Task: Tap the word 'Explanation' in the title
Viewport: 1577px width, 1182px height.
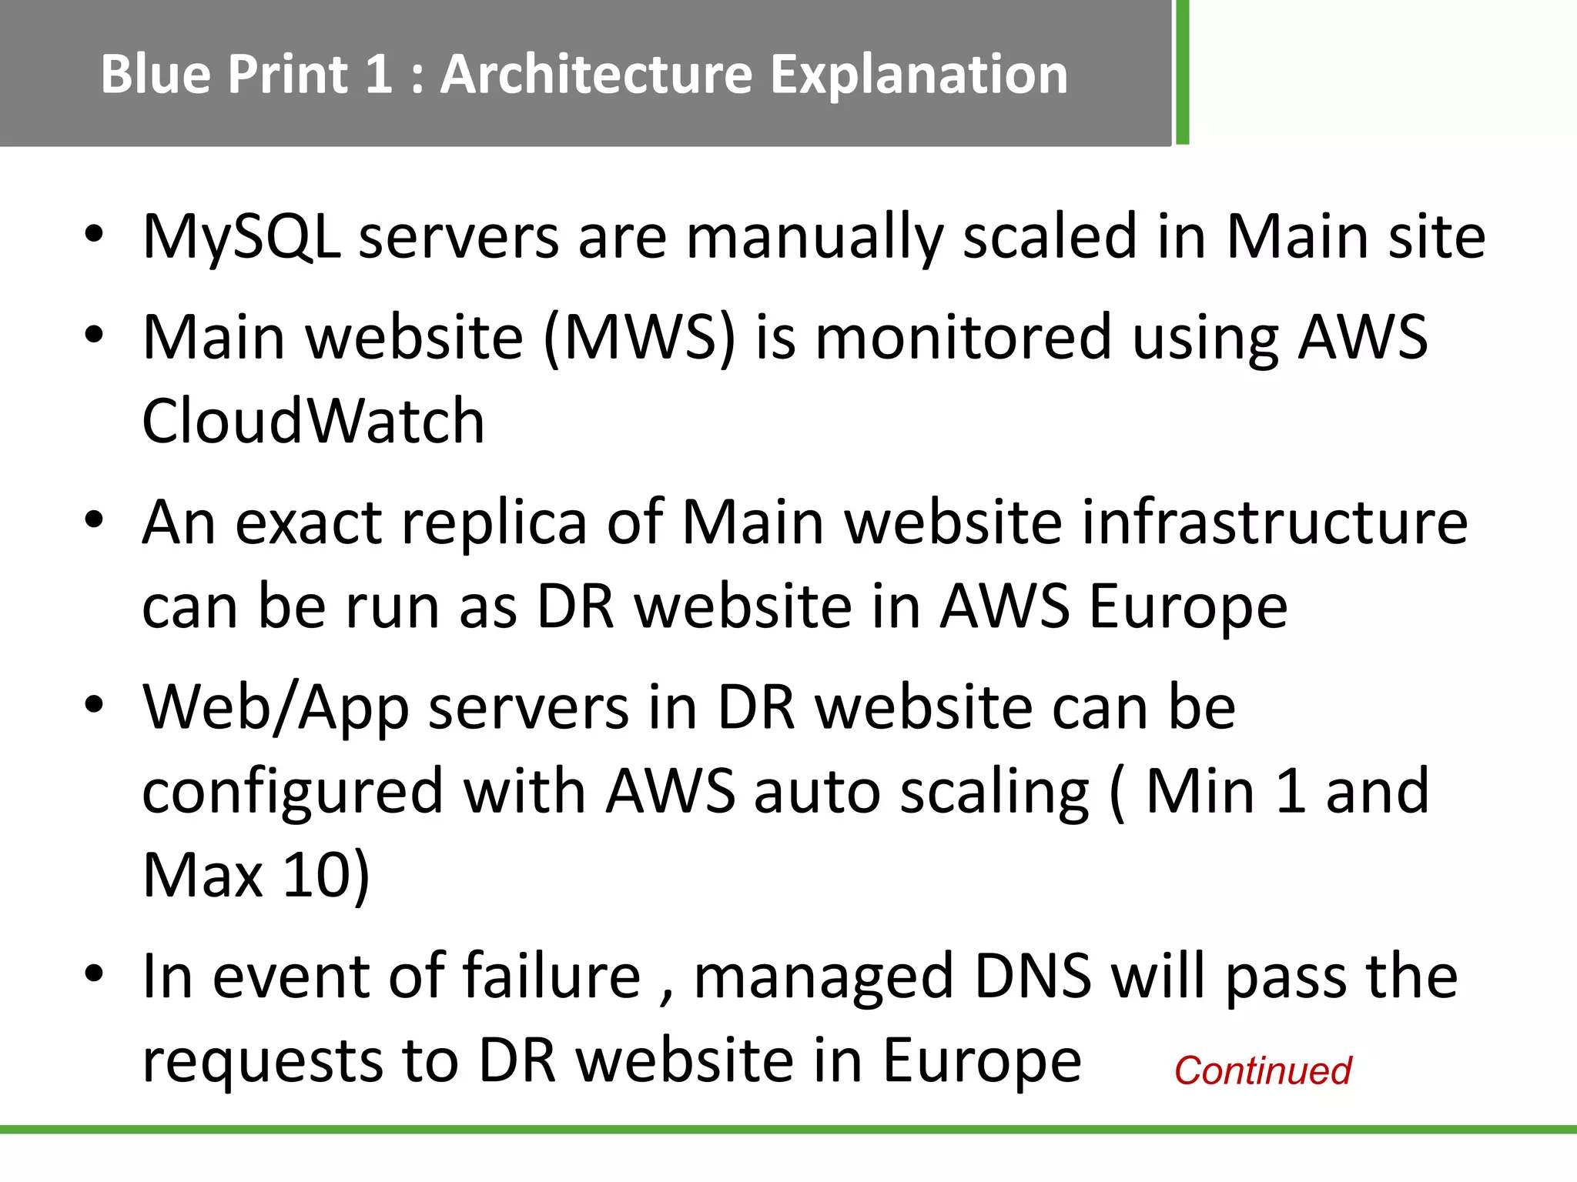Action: [919, 75]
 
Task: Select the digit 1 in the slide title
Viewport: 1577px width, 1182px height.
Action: [379, 75]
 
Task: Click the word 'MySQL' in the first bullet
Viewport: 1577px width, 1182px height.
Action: [242, 237]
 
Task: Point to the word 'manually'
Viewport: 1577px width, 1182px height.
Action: [815, 237]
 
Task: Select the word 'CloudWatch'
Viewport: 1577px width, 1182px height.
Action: [313, 421]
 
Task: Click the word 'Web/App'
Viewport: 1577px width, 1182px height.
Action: [276, 707]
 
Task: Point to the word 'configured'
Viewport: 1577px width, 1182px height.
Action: [293, 792]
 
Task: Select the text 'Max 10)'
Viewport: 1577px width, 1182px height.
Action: [256, 875]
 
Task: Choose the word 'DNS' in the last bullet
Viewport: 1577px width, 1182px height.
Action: [1033, 977]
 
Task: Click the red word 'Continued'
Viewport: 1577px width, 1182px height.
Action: [1263, 1070]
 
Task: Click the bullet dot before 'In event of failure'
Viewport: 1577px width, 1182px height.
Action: [94, 973]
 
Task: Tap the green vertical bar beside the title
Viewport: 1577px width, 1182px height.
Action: [1182, 72]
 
